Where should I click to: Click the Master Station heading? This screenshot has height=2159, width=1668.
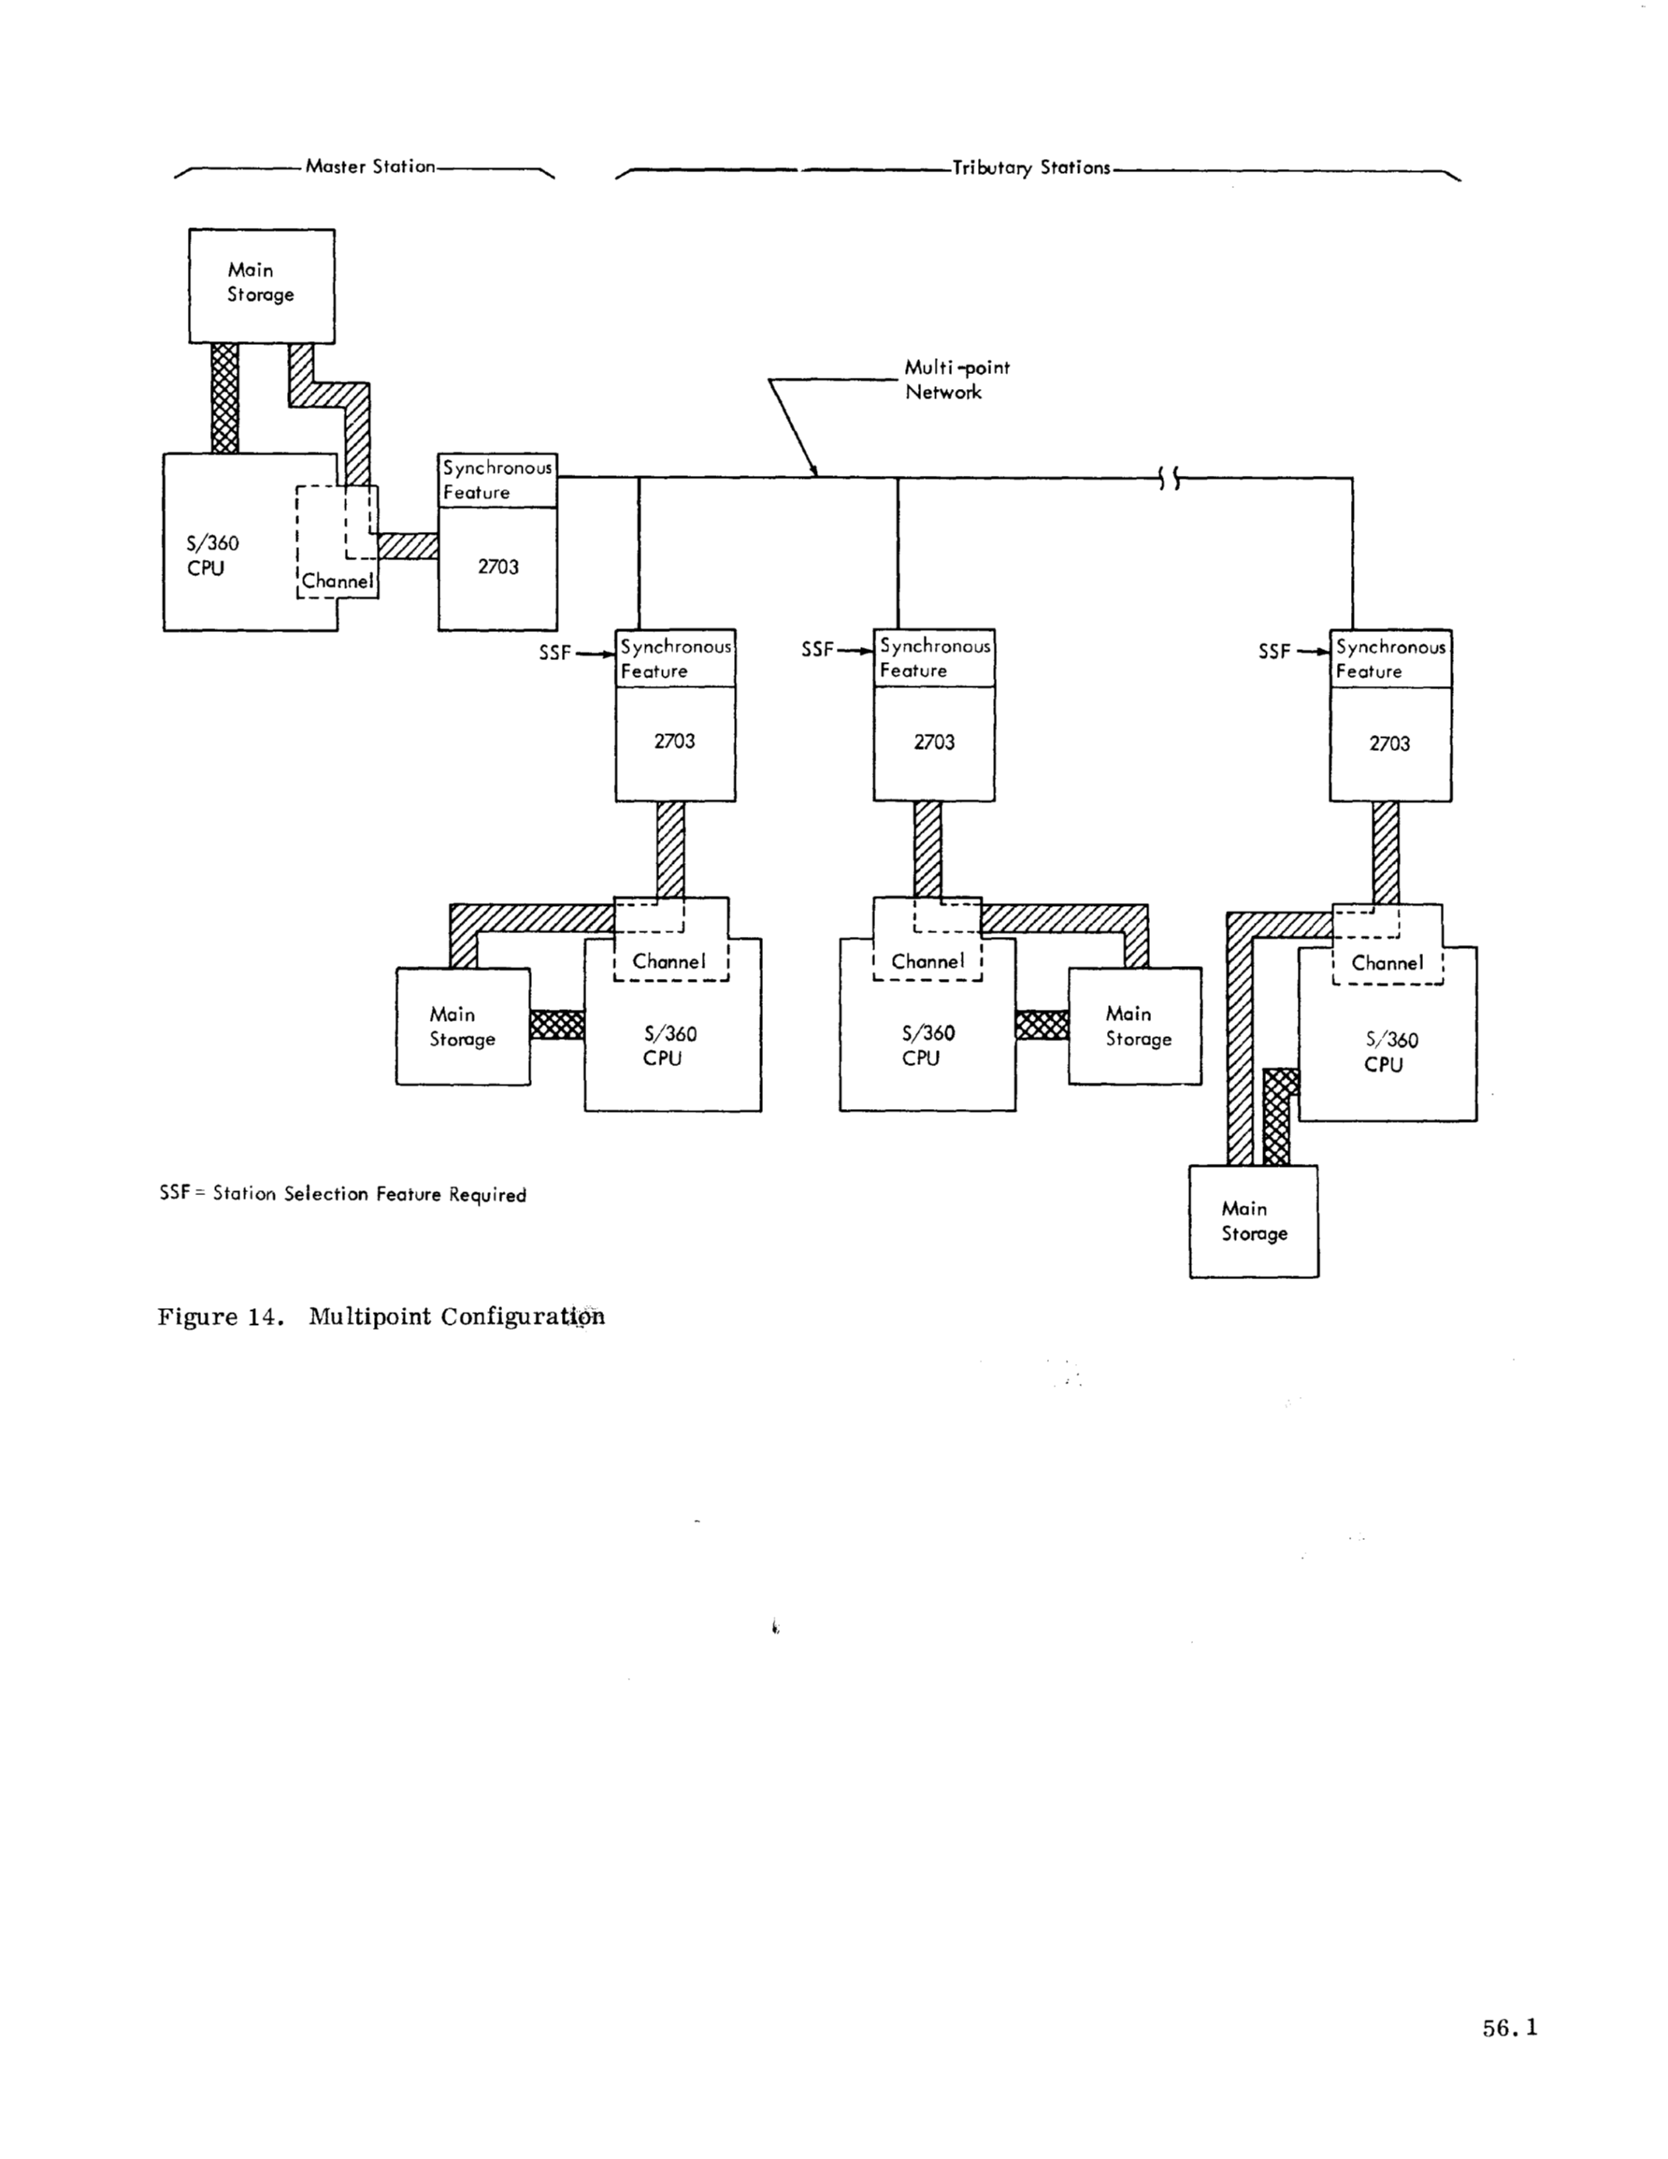click(x=370, y=167)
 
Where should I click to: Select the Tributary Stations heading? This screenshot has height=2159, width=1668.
click(x=1030, y=168)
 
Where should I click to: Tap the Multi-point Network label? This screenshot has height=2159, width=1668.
click(x=956, y=380)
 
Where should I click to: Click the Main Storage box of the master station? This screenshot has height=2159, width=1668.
click(x=261, y=286)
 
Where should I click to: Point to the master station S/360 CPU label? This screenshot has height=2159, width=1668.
click(x=212, y=555)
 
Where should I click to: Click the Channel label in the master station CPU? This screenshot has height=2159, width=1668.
click(x=338, y=582)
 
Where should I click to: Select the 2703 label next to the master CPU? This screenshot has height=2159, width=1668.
click(x=497, y=568)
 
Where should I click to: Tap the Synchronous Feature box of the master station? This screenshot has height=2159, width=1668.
click(x=496, y=481)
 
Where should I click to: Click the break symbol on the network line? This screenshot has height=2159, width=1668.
click(x=1169, y=480)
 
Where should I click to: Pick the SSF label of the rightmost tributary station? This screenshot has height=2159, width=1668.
click(x=1273, y=653)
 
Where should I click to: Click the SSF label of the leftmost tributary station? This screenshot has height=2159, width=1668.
click(x=554, y=653)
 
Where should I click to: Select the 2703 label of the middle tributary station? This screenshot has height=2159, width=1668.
click(x=933, y=742)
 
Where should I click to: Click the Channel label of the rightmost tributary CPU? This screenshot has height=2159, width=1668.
click(x=1387, y=963)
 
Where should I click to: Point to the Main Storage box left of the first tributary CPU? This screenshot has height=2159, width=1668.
click(x=462, y=1026)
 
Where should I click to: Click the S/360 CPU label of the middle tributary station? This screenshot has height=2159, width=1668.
click(x=927, y=1046)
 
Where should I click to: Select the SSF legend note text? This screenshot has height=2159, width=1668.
click(x=342, y=1194)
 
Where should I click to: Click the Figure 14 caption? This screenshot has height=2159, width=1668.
click(x=381, y=1317)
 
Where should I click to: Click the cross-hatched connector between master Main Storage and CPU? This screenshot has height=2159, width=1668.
click(x=224, y=398)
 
